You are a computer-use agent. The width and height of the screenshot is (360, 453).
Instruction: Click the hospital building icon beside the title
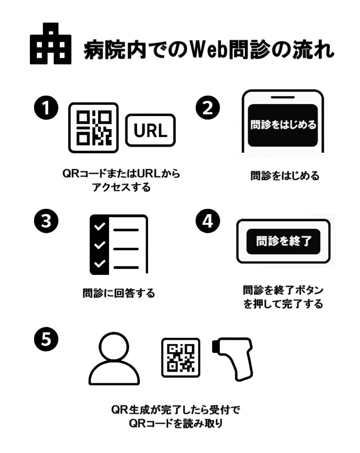pyautogui.click(x=50, y=44)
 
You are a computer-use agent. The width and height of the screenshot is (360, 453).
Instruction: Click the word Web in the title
pyautogui.click(x=210, y=50)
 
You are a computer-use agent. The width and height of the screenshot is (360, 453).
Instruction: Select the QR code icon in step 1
pyautogui.click(x=93, y=128)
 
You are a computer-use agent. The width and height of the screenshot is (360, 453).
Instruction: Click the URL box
pyautogui.click(x=150, y=130)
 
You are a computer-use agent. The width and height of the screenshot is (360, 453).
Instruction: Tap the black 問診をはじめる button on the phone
pyautogui.click(x=283, y=125)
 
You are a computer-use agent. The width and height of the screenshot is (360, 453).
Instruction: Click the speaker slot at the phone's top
pyautogui.click(x=283, y=97)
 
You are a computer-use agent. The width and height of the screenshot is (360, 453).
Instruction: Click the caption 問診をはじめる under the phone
pyautogui.click(x=284, y=176)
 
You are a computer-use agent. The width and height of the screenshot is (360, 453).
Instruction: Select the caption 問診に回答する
pyautogui.click(x=119, y=293)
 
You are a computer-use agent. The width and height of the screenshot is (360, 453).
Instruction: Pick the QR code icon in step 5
pyautogui.click(x=181, y=357)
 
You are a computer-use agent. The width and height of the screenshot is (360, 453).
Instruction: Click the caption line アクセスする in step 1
pyautogui.click(x=121, y=187)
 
